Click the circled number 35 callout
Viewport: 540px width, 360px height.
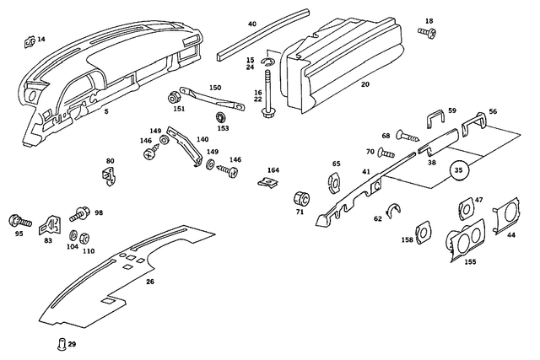point(458,169)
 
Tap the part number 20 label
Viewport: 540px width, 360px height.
point(364,84)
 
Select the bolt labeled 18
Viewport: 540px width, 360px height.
point(426,32)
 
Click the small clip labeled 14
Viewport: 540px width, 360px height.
point(29,39)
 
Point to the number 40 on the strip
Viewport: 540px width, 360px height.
point(251,24)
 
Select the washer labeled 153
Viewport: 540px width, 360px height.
point(222,116)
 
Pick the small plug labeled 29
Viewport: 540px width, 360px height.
point(61,342)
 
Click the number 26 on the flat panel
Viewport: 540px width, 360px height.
point(150,282)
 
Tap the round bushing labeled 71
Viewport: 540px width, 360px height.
point(299,199)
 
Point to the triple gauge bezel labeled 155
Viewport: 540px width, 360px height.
point(464,240)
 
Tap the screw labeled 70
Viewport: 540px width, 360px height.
point(386,153)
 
